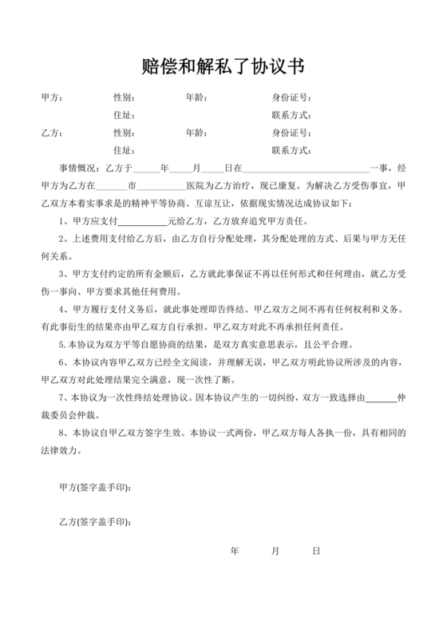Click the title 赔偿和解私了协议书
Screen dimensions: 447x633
pos(223,65)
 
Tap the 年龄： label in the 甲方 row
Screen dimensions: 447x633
pos(196,98)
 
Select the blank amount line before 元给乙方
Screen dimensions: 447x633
pos(143,220)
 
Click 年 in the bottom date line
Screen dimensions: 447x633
pos(234,551)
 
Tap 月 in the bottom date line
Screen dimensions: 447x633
pos(275,551)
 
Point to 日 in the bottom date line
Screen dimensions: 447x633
pos(316,551)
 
